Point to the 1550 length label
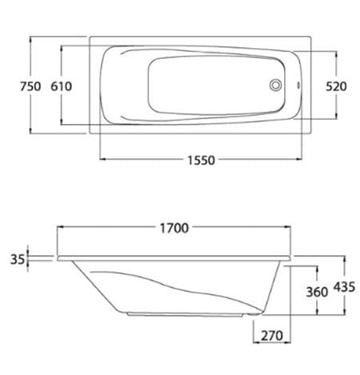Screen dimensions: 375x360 [201, 160]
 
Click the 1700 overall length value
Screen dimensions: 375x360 [174, 229]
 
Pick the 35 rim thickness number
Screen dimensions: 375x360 [14, 258]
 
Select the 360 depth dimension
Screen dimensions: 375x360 [318, 292]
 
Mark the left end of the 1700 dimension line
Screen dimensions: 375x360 [57, 229]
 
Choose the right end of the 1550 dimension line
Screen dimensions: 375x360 [302, 160]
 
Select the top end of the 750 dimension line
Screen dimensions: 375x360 [30, 34]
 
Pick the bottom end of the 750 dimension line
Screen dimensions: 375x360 [30, 133]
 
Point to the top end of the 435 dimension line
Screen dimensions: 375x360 [345, 257]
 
